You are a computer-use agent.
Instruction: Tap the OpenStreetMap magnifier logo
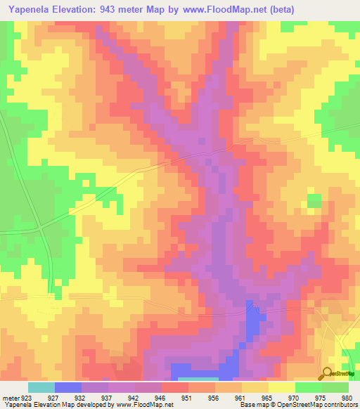[x=327, y=373]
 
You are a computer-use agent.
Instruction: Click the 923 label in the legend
[x=27, y=397]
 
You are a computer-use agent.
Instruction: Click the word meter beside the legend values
[x=11, y=397]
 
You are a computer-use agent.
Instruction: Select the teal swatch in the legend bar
[x=41, y=387]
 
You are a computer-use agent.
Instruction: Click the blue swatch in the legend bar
[x=68, y=387]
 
